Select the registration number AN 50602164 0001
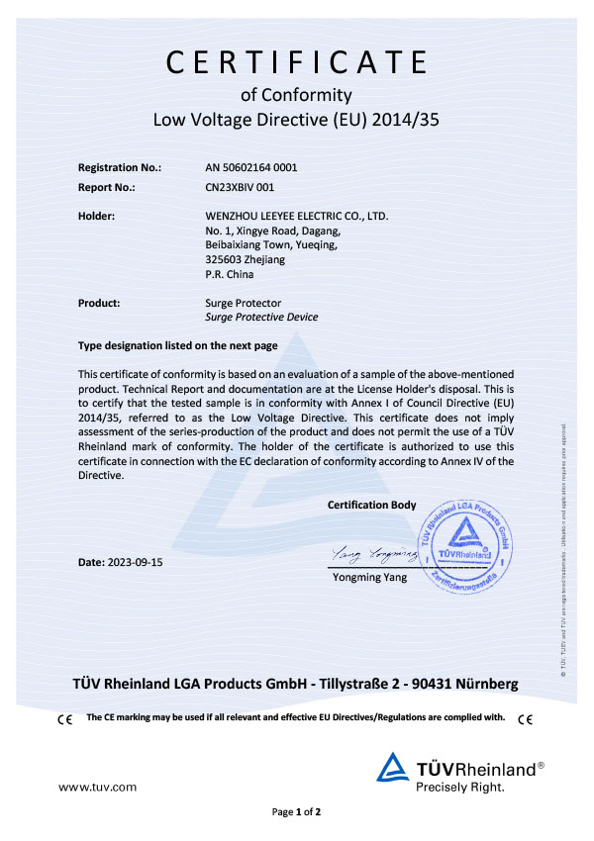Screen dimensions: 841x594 [250, 167]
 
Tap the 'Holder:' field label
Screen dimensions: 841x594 [97, 215]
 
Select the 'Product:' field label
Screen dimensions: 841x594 [99, 303]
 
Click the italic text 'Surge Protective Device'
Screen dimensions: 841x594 [261, 318]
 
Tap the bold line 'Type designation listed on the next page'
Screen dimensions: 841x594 [177, 346]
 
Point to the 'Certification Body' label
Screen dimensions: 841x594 [371, 505]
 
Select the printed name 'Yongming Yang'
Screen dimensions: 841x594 [371, 577]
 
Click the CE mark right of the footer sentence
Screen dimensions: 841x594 [525, 718]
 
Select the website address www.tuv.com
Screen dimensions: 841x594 [97, 787]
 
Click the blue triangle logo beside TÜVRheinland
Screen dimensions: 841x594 [394, 769]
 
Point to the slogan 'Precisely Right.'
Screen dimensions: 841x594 [459, 788]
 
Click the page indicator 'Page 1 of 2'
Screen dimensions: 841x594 [297, 812]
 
